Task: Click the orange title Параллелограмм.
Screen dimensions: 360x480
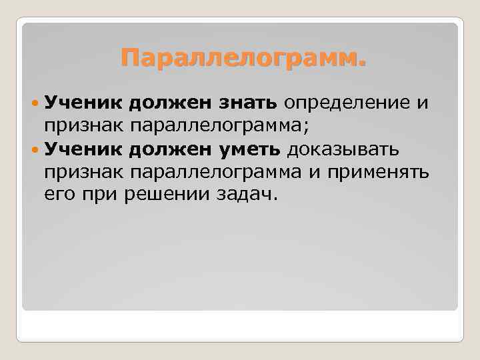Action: (x=243, y=60)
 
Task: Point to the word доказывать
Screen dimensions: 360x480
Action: (x=343, y=146)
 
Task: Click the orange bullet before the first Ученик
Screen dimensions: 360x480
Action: (x=35, y=104)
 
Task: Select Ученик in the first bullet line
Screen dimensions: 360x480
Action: (x=83, y=103)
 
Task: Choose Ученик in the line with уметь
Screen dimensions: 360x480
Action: (x=83, y=146)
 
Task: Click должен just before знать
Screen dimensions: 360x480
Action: (x=170, y=103)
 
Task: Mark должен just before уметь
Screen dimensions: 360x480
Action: (x=170, y=146)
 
